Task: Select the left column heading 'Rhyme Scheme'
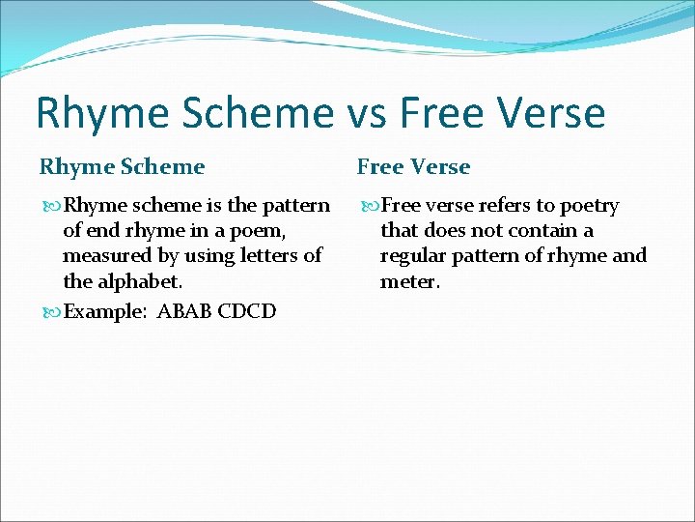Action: coord(122,167)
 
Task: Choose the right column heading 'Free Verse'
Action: coord(413,167)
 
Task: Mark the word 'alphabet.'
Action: coord(139,281)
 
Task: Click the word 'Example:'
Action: coord(103,311)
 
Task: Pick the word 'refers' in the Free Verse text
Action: coord(494,206)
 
